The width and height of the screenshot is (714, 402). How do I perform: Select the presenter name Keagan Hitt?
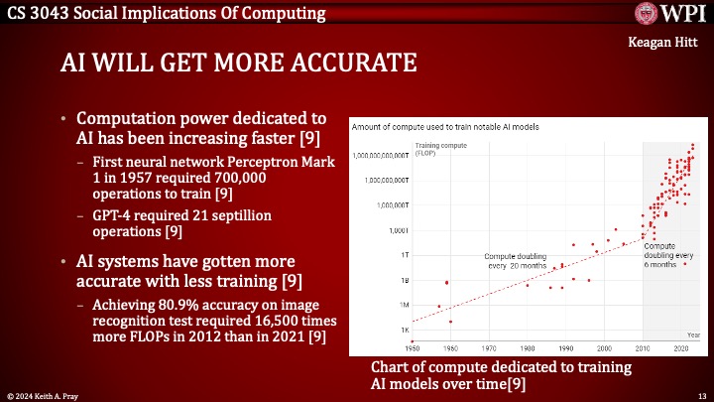pos(665,44)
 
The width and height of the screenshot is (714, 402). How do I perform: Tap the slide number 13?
pos(699,394)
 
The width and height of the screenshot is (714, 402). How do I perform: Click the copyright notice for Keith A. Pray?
pos(47,394)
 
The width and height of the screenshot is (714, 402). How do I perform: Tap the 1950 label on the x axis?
pos(414,348)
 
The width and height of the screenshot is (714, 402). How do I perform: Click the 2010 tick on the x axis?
pos(643,348)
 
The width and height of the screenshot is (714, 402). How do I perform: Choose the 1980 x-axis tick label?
pos(528,348)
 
